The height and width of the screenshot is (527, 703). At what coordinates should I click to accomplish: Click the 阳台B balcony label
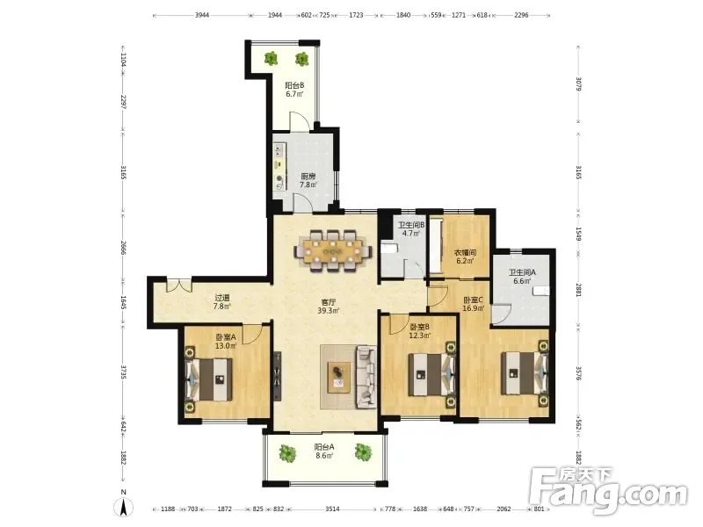294,85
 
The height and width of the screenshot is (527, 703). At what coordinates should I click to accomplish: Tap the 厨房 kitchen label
308,177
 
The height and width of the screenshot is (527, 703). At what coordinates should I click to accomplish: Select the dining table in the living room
333,250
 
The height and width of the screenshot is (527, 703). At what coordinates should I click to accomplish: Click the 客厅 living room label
329,302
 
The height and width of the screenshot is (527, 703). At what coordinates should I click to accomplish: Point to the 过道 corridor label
222,298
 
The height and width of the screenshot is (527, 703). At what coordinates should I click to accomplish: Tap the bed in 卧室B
432,375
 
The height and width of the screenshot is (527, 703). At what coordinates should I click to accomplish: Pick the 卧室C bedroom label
473,300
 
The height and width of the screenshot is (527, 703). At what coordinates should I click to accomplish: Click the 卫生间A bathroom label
522,272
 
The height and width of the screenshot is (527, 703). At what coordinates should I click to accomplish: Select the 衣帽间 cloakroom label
466,253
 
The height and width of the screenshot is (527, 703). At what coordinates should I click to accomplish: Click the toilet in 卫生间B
389,249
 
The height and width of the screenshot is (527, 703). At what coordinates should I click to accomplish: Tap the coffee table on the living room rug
339,377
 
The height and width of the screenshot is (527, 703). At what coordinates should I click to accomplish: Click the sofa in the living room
366,377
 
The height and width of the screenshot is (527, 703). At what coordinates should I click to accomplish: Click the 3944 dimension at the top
202,15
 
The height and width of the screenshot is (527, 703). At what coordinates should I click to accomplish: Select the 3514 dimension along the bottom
332,509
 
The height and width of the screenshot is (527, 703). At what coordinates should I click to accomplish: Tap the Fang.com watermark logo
608,491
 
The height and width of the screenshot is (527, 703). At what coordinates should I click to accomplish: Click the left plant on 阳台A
287,453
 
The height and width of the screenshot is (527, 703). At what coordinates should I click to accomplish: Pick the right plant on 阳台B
301,59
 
